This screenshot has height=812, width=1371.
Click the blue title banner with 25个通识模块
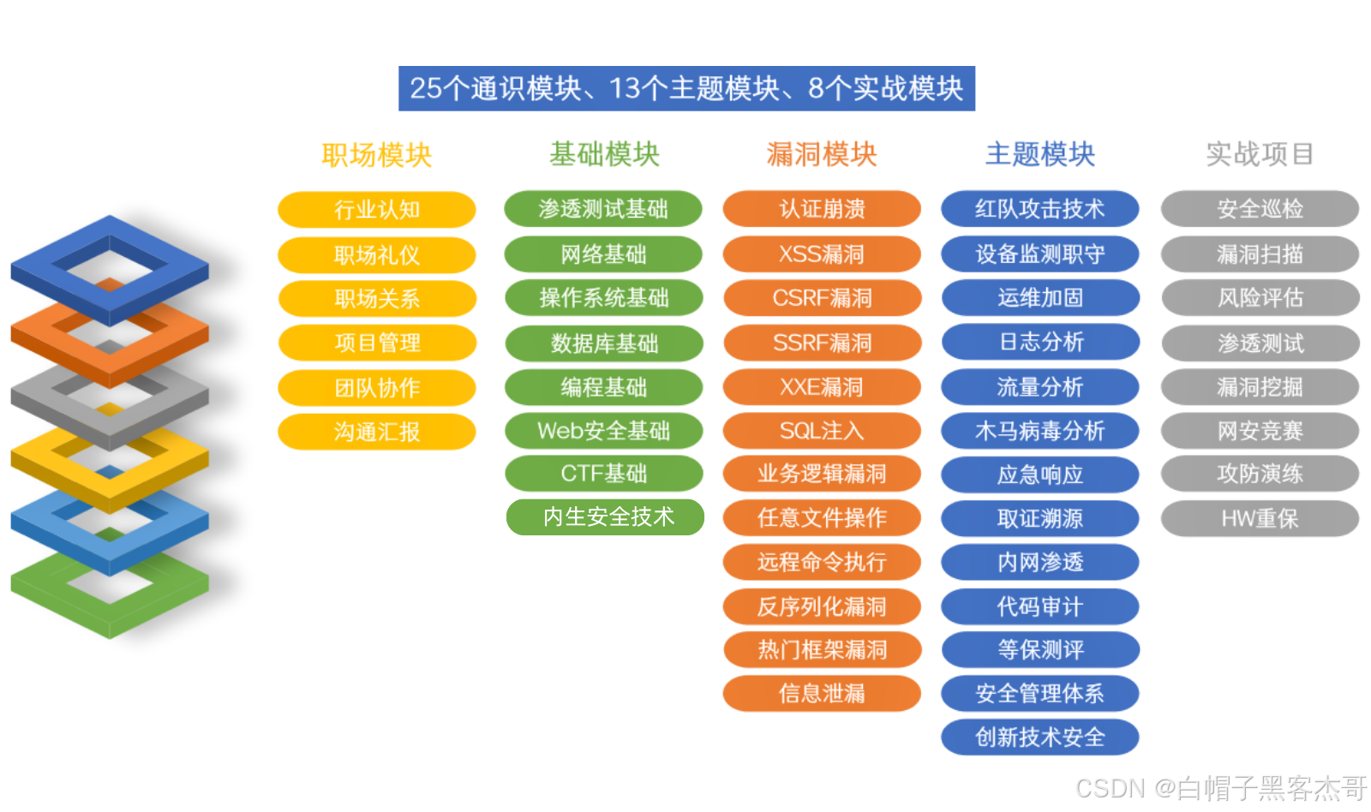[686, 88]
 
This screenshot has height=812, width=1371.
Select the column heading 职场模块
[376, 155]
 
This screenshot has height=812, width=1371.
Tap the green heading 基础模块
[604, 154]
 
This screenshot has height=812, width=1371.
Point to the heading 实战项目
[1260, 154]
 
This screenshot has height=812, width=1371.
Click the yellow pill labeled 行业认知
[376, 210]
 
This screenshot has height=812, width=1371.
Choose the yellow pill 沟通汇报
[376, 432]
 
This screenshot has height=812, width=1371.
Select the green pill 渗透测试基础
[603, 209]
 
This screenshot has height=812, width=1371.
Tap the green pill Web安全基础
[603, 431]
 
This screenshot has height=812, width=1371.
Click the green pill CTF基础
[603, 474]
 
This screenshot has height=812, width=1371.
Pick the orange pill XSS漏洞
[822, 254]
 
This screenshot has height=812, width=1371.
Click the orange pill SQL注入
[822, 431]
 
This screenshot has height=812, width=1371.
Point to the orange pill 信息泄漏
[822, 693]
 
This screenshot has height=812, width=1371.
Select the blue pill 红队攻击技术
[1039, 209]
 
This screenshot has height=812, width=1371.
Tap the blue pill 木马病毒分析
[1039, 431]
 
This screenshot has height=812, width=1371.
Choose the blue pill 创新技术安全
[1039, 737]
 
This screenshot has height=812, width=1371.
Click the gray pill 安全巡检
[1260, 209]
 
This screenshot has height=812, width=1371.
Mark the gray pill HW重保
[1260, 518]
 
